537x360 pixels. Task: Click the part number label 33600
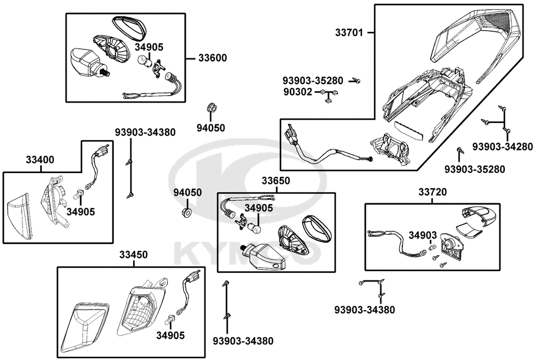[212, 58]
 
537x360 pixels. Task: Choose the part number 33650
[276, 181]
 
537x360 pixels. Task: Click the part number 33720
[433, 192]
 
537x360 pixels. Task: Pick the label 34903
[422, 235]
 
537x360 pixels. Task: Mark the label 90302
[297, 92]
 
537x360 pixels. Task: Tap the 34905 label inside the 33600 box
[149, 47]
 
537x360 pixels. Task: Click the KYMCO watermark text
[242, 256]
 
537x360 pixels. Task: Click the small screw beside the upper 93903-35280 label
[355, 81]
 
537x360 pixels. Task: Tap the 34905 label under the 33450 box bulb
[170, 336]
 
